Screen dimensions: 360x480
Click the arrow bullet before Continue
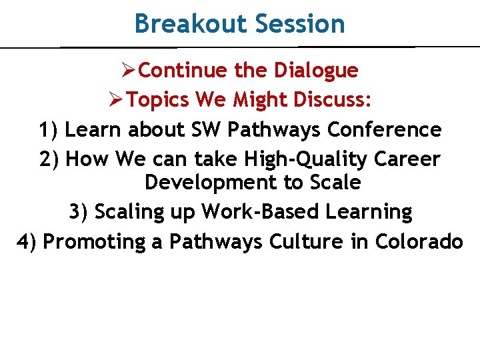(130, 70)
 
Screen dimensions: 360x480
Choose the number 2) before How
(51, 159)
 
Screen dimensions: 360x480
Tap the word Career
(407, 159)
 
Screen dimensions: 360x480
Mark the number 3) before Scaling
(79, 212)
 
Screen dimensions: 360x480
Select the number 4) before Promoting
(27, 241)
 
